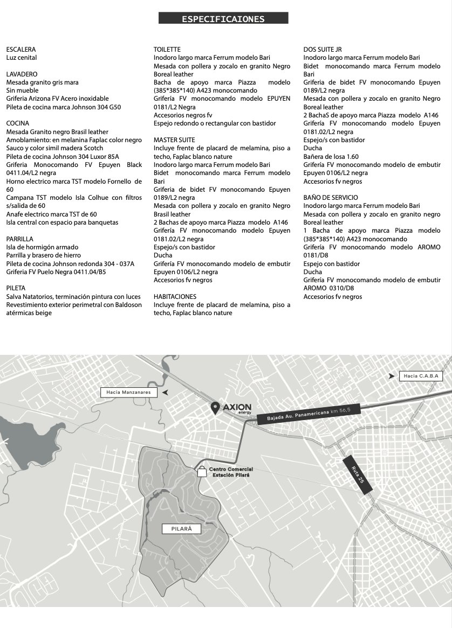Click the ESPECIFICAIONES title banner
click(x=223, y=19)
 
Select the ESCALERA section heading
click(x=21, y=49)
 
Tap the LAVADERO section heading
click(x=22, y=74)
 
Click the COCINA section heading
click(x=18, y=123)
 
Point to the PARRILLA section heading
click(x=20, y=239)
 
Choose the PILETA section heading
click(x=16, y=288)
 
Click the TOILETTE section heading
click(x=167, y=49)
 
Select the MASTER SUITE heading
click(x=175, y=139)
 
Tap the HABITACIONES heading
click(x=175, y=296)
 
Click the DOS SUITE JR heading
click(x=322, y=49)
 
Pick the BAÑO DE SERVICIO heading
click(x=330, y=198)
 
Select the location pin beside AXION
click(x=215, y=408)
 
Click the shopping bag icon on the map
click(x=202, y=472)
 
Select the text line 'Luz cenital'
click(x=22, y=58)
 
